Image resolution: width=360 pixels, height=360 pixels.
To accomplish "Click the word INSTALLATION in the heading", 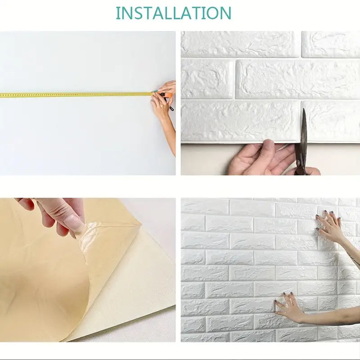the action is pos(174,13).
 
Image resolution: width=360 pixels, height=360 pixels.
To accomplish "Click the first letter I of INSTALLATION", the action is pos(117,13).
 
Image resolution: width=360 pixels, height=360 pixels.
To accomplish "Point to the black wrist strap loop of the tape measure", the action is pos(171,108).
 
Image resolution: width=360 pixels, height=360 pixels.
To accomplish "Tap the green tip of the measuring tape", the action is pos(155,92).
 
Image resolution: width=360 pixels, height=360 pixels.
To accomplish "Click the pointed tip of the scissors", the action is pos(304,109).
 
